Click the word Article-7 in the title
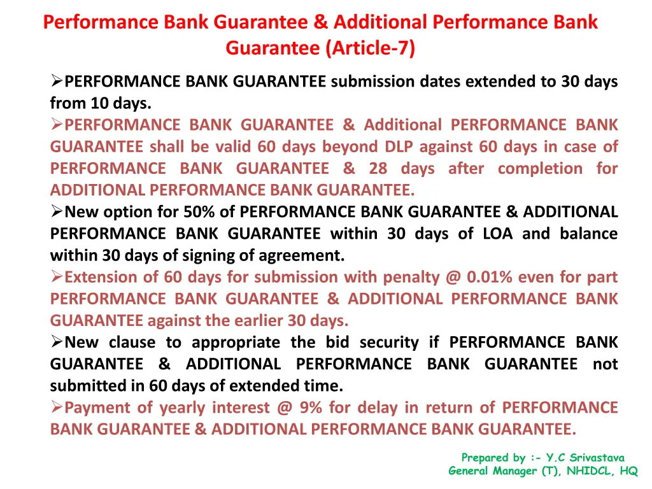pyautogui.click(x=370, y=48)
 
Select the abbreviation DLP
pyautogui.click(x=399, y=146)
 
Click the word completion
pyautogui.click(x=540, y=168)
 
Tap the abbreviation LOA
pyautogui.click(x=493, y=234)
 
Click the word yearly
pyautogui.click(x=181, y=407)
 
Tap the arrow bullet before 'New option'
pyautogui.click(x=57, y=212)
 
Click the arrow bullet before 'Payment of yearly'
pyautogui.click(x=57, y=407)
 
